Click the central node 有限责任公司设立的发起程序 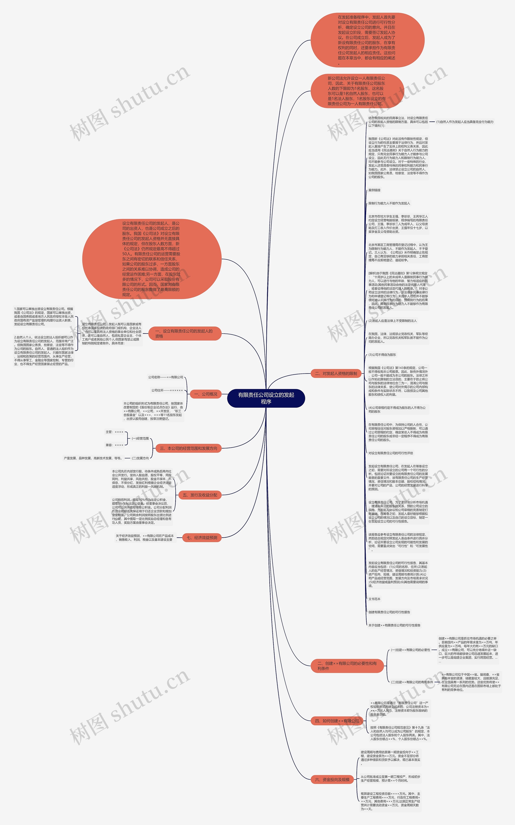[266, 398]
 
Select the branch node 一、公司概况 [205, 394]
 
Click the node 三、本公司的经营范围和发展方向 [188, 449]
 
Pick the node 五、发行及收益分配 [200, 495]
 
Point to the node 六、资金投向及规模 [332, 779]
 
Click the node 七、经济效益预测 [202, 538]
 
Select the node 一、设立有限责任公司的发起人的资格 [185, 334]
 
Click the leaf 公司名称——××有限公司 [166, 377]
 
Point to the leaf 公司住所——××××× [167, 390]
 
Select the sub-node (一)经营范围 [140, 438]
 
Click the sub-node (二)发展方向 [140, 458]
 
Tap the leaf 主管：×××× [114, 432]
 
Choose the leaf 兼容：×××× [114, 445]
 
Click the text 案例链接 [374, 190]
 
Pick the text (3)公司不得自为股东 [382, 355]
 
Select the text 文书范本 [374, 599]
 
